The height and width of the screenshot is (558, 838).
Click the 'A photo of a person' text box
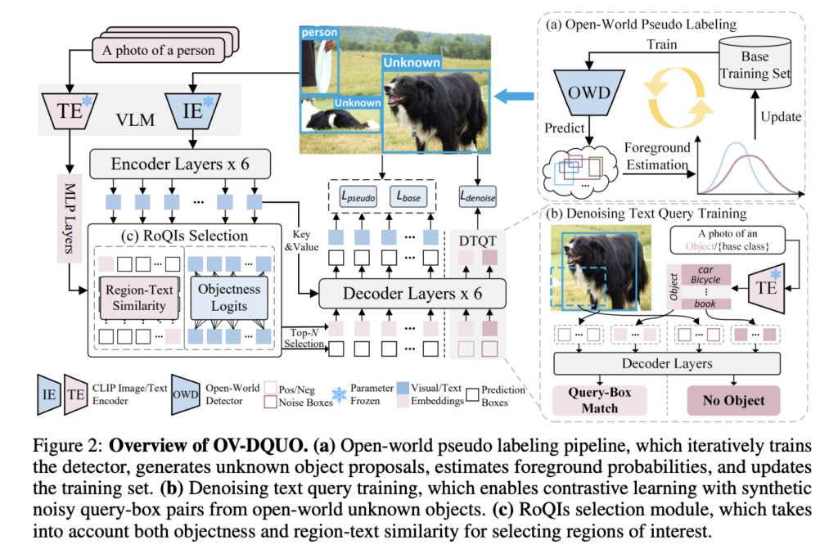(158, 50)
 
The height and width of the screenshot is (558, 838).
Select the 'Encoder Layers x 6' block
(180, 164)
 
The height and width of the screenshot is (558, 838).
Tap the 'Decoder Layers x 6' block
(412, 294)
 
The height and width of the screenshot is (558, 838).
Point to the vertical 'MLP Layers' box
(70, 218)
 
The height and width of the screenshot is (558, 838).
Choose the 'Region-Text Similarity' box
(139, 298)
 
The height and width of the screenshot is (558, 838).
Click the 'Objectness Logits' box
(229, 297)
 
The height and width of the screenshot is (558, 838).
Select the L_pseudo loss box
(358, 196)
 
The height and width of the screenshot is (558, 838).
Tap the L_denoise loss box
(478, 196)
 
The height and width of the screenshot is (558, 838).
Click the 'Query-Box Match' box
(600, 400)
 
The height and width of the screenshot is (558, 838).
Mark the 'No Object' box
(733, 400)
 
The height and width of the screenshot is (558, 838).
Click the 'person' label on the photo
(319, 33)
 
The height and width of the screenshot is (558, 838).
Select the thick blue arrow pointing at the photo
(514, 97)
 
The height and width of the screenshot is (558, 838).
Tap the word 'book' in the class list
(705, 304)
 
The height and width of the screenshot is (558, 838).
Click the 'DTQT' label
(477, 241)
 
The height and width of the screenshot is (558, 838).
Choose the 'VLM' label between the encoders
(135, 119)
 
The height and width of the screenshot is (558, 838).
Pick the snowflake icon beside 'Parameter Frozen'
(340, 395)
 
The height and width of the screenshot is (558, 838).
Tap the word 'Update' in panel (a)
(781, 117)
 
